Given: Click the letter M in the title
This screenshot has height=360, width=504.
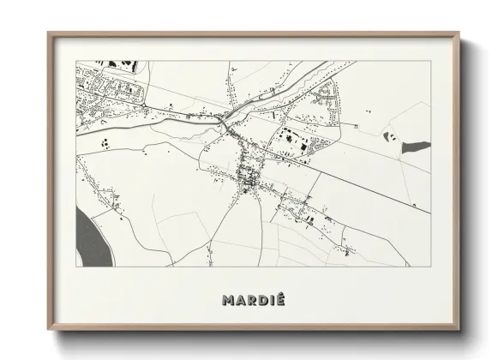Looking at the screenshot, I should (227, 301).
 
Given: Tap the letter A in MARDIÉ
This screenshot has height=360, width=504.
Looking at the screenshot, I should (239, 301).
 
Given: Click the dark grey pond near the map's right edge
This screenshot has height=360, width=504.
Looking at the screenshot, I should (416, 147).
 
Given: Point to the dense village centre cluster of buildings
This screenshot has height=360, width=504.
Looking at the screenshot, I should (249, 178).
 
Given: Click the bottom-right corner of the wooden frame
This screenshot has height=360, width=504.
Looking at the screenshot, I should (460, 330).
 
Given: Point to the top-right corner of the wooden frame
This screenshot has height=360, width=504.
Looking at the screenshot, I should (460, 34).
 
